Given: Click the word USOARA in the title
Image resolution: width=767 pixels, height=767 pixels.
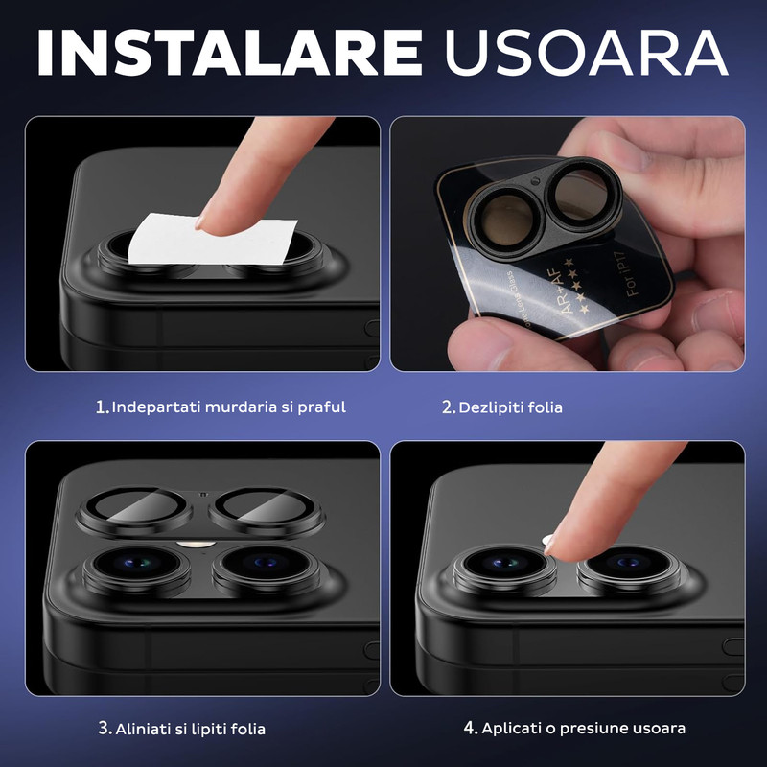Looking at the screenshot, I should point(586,52).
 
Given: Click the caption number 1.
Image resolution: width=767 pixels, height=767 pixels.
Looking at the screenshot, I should point(101,407).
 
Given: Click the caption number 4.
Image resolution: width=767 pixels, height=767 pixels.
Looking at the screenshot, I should point(470,728).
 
